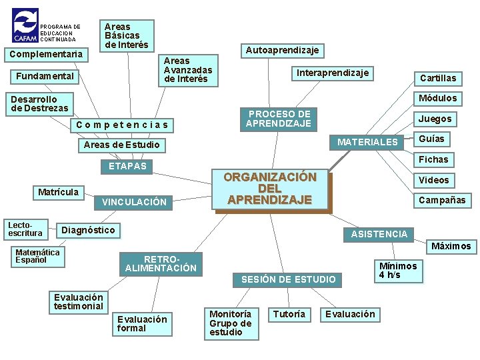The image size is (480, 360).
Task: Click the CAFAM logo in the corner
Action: tap(25, 25)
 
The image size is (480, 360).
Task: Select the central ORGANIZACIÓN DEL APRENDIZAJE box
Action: tap(270, 189)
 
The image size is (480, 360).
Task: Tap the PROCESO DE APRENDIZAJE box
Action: tap(279, 119)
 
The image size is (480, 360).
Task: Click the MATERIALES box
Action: tap(367, 142)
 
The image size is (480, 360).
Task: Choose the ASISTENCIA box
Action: tap(379, 234)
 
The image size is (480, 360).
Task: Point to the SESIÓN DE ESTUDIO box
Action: tap(288, 279)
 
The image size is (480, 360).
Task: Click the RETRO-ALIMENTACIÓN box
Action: tap(161, 264)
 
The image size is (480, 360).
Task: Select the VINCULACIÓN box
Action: tap(134, 202)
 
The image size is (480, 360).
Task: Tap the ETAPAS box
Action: tap(127, 166)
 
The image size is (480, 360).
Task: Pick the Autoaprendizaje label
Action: tap(282, 50)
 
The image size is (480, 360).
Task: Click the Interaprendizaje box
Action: tap(332, 73)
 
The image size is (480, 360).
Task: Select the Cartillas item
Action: tap(438, 78)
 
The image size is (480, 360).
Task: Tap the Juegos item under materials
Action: tap(435, 119)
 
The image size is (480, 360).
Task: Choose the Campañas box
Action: tap(442, 200)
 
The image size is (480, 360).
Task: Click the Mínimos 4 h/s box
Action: tap(398, 271)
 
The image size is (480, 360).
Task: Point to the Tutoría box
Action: tap(289, 314)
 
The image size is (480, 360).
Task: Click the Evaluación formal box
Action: tap(142, 323)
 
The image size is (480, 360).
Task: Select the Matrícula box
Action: tap(58, 192)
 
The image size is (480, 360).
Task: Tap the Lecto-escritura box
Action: tap(25, 229)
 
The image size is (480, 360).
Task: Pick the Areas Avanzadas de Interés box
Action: tap(188, 70)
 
